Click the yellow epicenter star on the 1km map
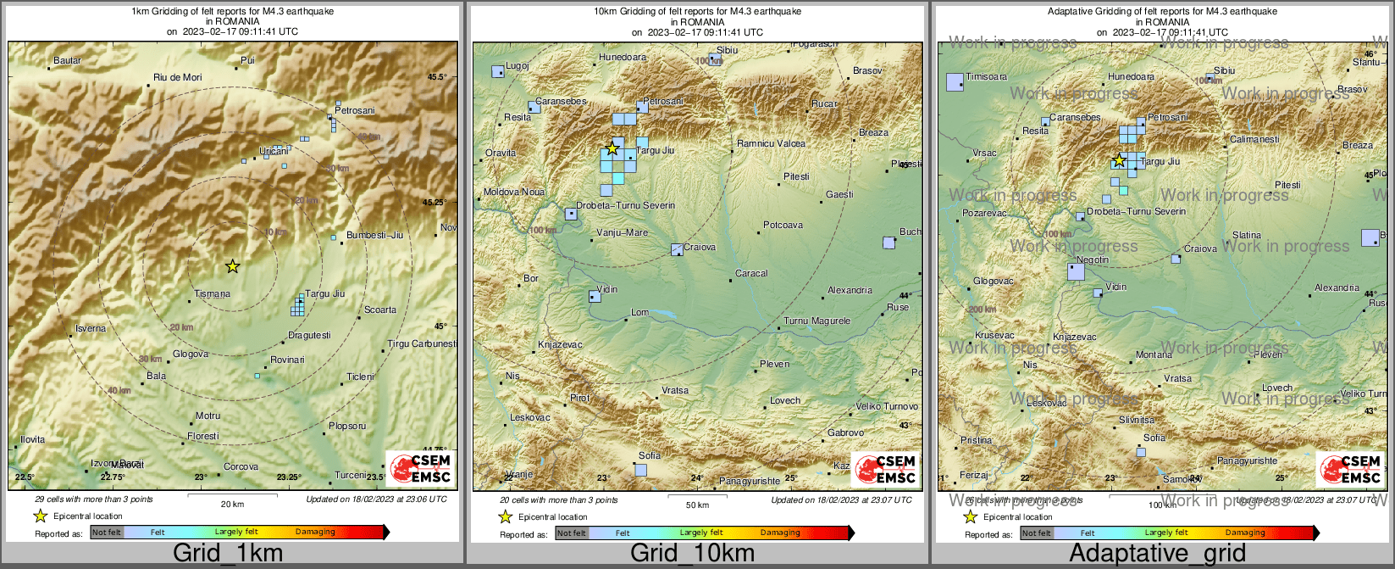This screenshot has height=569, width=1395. pos(233,266)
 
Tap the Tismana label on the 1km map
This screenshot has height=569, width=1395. pos(212,294)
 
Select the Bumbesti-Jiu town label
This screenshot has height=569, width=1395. pos(374,235)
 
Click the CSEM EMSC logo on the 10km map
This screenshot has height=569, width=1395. pos(885,469)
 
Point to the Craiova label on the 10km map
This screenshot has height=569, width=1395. pos(700,248)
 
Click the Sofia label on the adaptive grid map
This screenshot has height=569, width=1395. pos(1154,438)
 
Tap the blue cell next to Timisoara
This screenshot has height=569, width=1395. pos(955,82)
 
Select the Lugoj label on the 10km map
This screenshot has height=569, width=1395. pos(517,66)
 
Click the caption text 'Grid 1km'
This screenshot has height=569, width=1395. pos(228,554)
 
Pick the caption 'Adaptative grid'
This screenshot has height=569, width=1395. pos(1157,554)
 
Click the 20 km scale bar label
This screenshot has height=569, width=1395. pos(232,505)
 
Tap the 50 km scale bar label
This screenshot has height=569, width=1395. pos(697,505)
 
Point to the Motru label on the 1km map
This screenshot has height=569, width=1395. pos(208,416)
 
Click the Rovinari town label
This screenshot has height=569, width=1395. pos(287,360)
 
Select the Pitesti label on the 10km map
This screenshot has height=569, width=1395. pos(796,177)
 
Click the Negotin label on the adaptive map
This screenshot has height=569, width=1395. pos(1092,260)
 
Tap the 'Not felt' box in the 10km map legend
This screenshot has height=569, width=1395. pos(572,533)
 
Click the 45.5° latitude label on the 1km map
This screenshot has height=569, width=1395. pos(436,77)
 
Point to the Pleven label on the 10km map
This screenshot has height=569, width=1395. pos(774,365)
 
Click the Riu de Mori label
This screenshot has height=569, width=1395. pos(178,78)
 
